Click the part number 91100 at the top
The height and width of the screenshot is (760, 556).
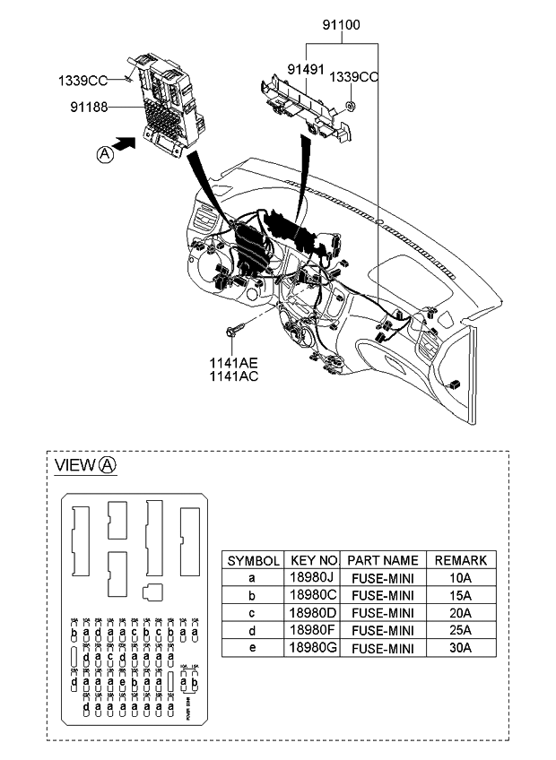[x=343, y=25]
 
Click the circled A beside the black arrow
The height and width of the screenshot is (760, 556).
[x=106, y=154]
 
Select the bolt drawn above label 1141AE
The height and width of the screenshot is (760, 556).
[x=235, y=332]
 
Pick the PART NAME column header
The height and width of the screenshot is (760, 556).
[x=382, y=560]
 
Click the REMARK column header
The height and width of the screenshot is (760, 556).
[x=460, y=560]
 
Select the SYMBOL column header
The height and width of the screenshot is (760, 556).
[x=254, y=560]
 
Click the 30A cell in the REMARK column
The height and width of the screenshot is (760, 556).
[x=460, y=648]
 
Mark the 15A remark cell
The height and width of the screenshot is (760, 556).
[x=460, y=595]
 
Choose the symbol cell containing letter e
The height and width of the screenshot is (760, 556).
[x=254, y=648]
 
